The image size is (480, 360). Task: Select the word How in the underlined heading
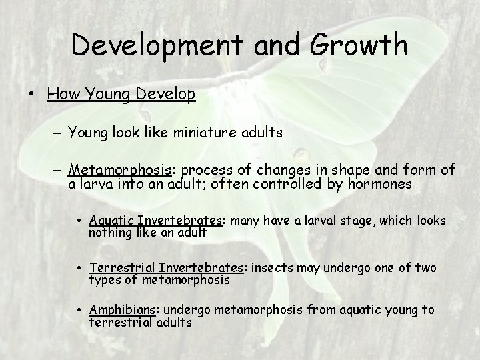click(62, 94)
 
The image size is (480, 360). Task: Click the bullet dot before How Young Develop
click(32, 94)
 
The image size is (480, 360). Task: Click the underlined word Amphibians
click(123, 309)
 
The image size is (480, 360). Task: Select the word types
click(103, 280)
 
